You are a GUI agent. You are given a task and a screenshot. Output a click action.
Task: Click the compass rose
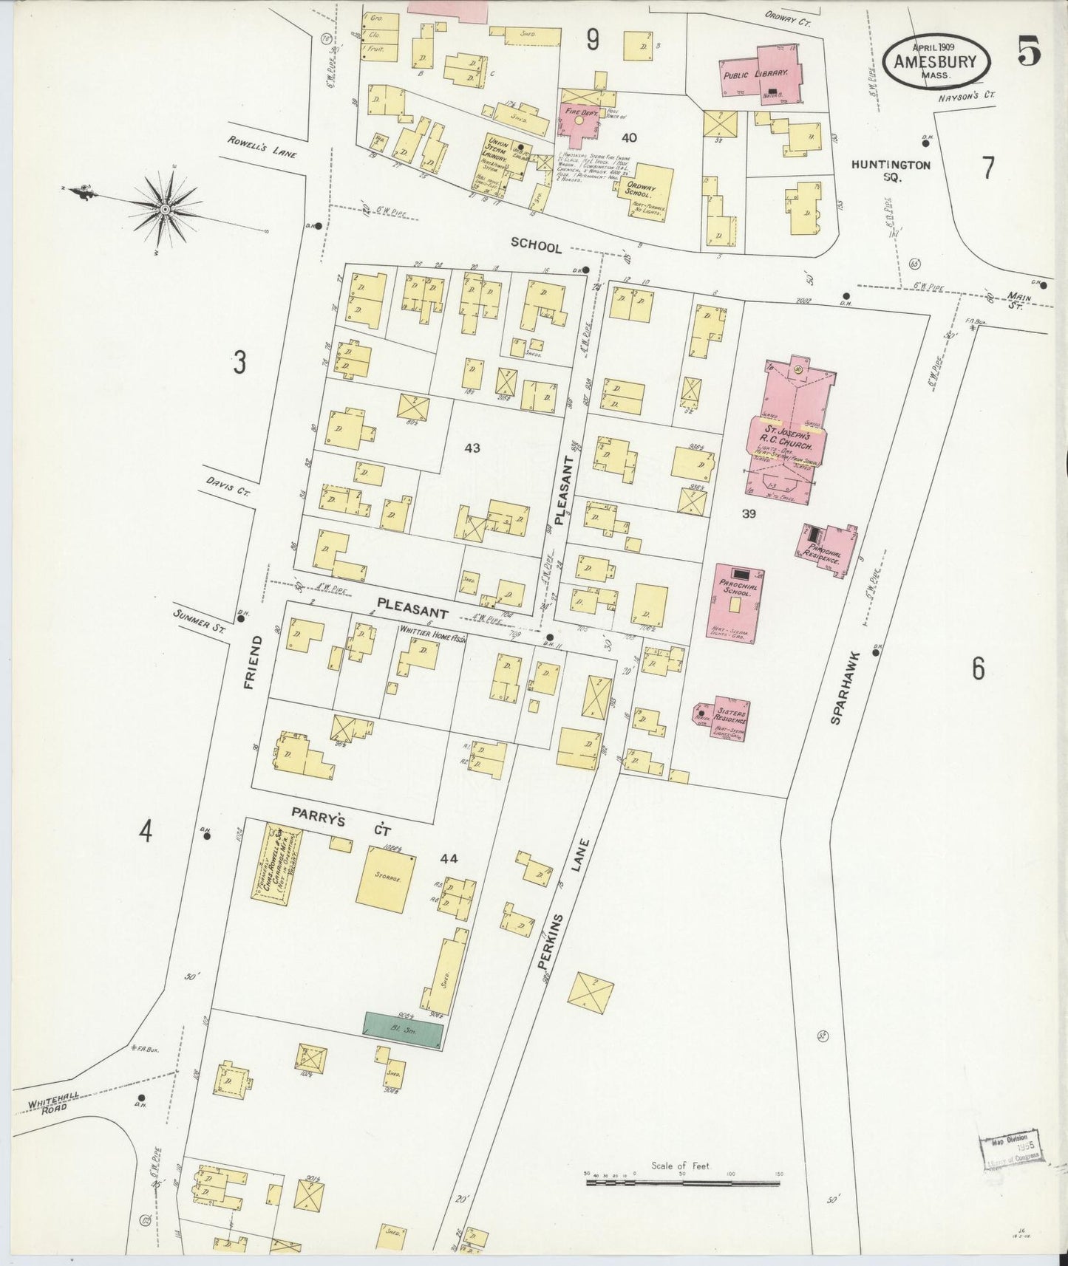(165, 209)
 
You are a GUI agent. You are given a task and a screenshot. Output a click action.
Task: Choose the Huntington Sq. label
(890, 171)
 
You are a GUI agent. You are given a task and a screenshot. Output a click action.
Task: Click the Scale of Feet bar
(683, 1182)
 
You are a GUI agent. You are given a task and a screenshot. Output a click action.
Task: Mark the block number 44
(449, 858)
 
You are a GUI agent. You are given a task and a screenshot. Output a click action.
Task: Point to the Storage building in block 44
(385, 879)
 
